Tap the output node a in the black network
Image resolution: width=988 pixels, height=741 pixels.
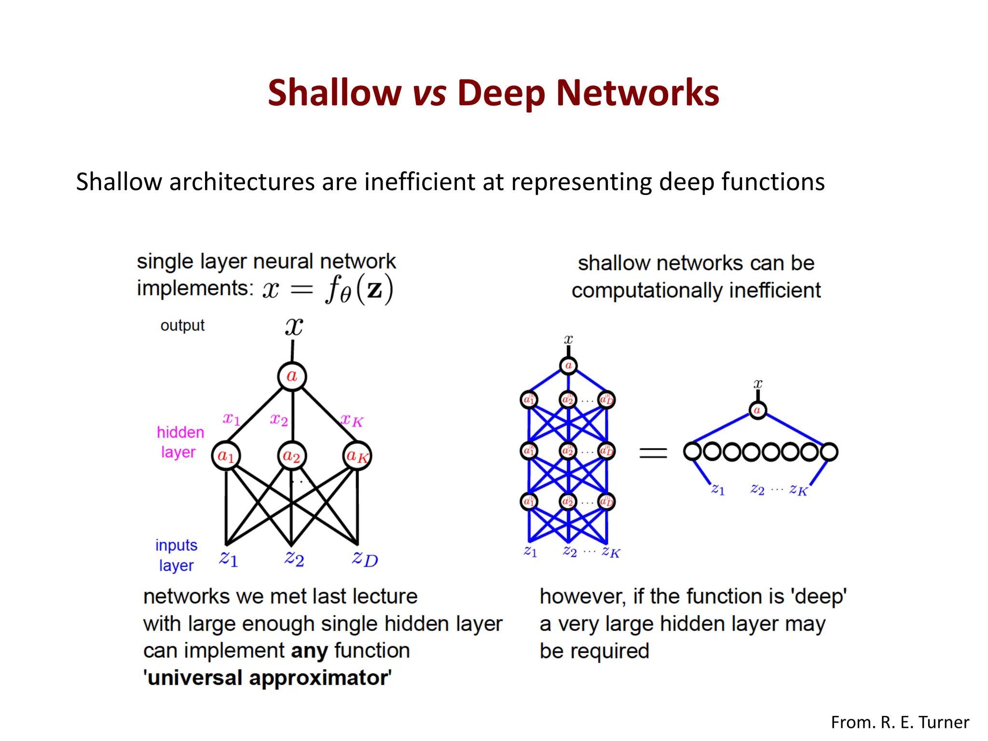[x=292, y=376]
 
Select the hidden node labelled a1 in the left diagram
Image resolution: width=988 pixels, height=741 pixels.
[x=226, y=455]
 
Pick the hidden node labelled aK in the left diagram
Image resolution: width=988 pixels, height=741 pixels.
[x=357, y=455]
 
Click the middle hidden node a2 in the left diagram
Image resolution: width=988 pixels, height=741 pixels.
[x=291, y=455]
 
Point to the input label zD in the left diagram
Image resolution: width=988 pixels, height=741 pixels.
[x=365, y=559]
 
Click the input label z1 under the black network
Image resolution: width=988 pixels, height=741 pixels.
[x=228, y=559]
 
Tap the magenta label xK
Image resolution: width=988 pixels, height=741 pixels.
[x=352, y=420]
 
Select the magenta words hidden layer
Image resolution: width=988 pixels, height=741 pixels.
[x=180, y=442]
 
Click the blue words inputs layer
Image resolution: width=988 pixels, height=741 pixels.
[x=176, y=555]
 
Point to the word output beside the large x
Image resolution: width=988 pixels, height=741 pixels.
[x=182, y=326]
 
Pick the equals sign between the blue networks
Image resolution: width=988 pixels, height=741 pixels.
[x=653, y=453]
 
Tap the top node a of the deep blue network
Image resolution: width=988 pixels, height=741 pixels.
[x=568, y=366]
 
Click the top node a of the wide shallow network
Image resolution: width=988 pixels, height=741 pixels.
[x=757, y=411]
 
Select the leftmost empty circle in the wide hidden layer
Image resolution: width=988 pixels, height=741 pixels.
[x=692, y=452]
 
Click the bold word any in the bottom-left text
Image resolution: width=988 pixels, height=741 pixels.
[x=309, y=651]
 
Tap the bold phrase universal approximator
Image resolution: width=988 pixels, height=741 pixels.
[x=268, y=678]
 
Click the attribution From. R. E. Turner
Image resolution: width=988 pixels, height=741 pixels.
[x=900, y=722]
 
